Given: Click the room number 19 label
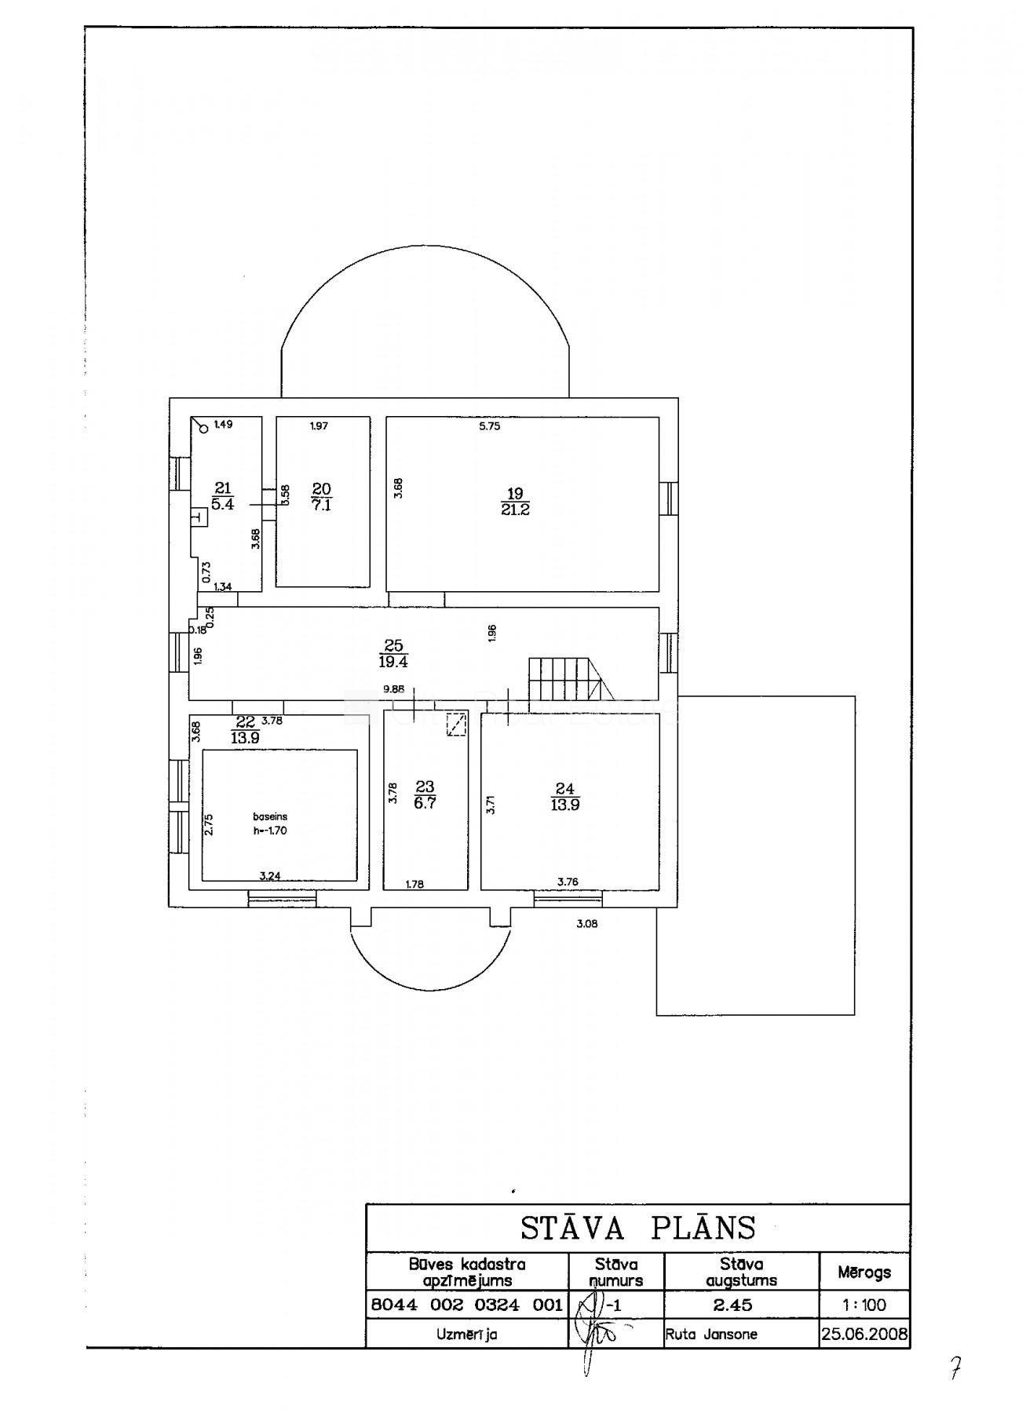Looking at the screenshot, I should coord(515,494).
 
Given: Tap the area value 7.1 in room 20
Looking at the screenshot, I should coord(322,506).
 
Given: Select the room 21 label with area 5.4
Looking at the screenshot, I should coord(223,497).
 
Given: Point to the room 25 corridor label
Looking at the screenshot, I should coord(393,654).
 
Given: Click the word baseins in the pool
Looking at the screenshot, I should coord(270,816).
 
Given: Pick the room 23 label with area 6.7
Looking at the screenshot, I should coord(425,794).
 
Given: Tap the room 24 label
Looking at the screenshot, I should coord(565,797).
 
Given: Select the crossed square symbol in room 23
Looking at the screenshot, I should coord(455,725).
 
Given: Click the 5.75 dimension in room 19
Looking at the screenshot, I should coord(490,427).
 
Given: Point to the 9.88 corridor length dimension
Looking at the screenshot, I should coord(393,689).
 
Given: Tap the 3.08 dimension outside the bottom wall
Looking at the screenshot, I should coord(587,924).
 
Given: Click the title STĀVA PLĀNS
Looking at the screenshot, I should coord(638,1228).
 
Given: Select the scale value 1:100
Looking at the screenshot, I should coord(864,1305).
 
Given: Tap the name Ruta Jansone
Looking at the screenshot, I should coord(711,1334).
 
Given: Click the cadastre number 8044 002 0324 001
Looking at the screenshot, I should coord(466,1305).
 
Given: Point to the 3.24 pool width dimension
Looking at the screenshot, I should coord(270,876).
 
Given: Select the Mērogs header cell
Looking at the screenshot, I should coord(864,1272).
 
